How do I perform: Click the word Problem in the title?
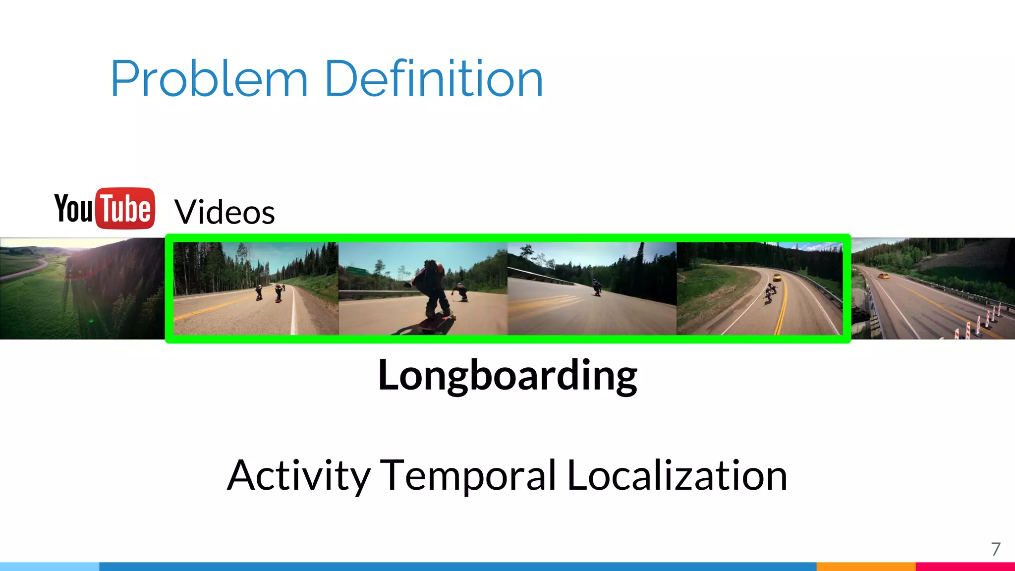(x=209, y=79)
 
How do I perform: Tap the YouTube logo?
(x=105, y=208)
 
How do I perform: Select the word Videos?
(x=225, y=212)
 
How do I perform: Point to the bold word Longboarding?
(x=507, y=376)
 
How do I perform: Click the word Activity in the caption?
(x=299, y=476)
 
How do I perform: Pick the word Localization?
(x=677, y=476)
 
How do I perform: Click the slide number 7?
(x=996, y=549)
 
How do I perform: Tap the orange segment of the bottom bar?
(x=865, y=567)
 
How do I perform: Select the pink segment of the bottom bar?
(x=965, y=567)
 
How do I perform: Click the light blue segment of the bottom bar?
(x=50, y=567)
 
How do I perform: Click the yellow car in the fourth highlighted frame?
(x=777, y=277)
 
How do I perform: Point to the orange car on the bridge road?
(x=883, y=276)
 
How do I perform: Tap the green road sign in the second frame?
(x=355, y=271)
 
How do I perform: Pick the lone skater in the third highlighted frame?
(x=596, y=287)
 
